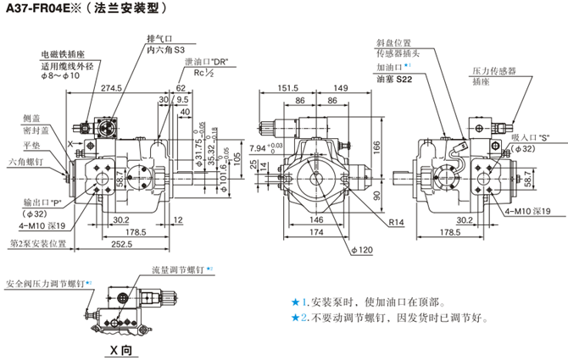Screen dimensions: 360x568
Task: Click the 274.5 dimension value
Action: click(x=111, y=87)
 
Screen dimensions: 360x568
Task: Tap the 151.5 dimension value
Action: click(x=287, y=87)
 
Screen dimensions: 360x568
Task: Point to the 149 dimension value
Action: click(x=341, y=87)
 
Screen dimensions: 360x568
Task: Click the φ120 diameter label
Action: click(x=362, y=249)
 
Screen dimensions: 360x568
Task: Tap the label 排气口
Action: click(x=159, y=39)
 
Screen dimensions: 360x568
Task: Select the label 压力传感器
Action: click(x=493, y=70)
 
